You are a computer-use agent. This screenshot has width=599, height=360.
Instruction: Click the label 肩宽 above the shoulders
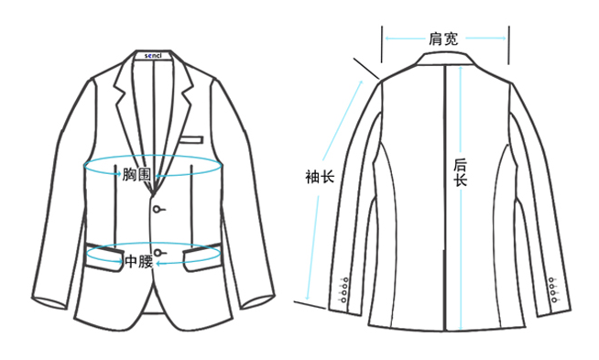click(443, 38)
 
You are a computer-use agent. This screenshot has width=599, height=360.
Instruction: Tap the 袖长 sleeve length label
click(320, 177)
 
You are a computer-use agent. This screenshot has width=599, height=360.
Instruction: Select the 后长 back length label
click(461, 172)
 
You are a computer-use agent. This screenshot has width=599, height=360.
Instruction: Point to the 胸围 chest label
click(136, 175)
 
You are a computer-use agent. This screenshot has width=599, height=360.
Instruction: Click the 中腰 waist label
click(139, 262)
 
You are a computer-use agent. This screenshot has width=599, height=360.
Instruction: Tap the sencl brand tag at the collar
click(153, 55)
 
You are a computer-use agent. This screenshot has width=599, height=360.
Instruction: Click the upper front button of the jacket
click(157, 209)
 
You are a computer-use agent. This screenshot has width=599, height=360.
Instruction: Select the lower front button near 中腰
click(157, 253)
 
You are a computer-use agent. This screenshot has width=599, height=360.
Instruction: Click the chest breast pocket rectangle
click(191, 140)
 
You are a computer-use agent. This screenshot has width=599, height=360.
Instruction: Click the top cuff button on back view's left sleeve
click(345, 280)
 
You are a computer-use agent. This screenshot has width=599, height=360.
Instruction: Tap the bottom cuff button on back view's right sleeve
click(553, 300)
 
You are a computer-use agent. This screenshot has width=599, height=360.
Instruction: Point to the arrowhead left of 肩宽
click(387, 38)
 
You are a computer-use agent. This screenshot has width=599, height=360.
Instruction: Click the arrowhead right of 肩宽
click(504, 38)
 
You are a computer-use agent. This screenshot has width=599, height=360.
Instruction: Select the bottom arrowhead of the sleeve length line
click(307, 298)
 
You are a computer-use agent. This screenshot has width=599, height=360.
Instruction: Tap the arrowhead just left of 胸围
click(118, 174)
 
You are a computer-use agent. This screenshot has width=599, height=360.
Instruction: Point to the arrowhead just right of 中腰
click(158, 263)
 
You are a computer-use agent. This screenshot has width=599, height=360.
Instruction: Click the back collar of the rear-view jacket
click(445, 60)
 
